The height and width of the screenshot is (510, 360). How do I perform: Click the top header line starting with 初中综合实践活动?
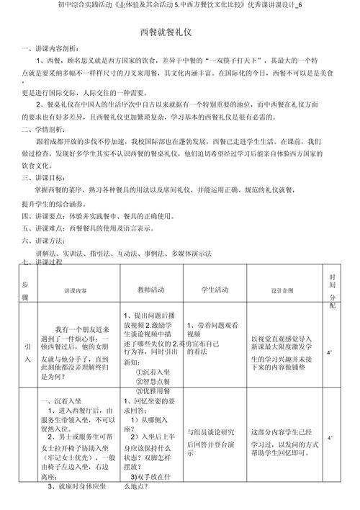[180, 6]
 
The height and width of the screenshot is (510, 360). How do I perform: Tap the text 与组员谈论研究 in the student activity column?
[211, 431]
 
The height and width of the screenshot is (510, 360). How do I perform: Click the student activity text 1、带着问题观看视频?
[208, 328]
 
